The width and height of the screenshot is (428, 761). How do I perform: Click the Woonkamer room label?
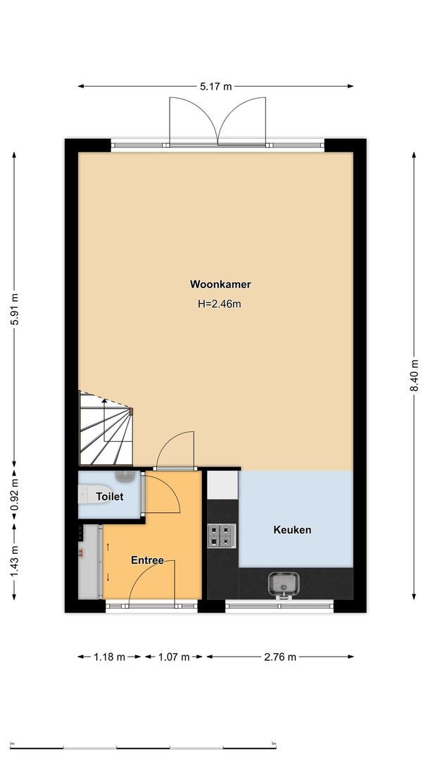[220, 285]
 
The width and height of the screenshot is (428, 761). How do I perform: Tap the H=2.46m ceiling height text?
[220, 304]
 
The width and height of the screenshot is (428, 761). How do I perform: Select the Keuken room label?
[292, 530]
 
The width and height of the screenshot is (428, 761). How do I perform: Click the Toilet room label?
[109, 496]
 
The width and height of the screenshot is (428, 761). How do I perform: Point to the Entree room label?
[147, 560]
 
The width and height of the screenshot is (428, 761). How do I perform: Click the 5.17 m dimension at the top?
[215, 87]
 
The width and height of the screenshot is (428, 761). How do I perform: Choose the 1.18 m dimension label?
[109, 657]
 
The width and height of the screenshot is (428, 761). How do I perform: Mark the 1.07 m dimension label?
[175, 657]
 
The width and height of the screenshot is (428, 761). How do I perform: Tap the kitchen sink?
[284, 583]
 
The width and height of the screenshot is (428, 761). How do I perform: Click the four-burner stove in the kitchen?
[221, 536]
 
